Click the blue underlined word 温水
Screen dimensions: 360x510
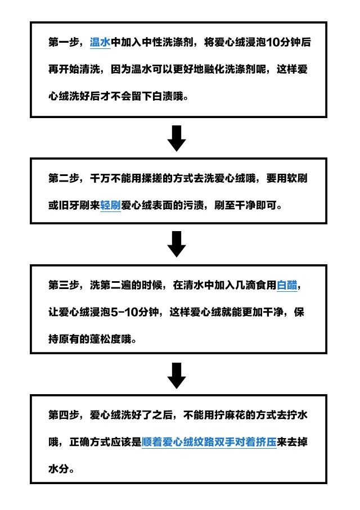[x=100, y=42]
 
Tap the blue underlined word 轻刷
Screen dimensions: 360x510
[x=111, y=205]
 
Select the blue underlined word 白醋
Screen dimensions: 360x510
[x=287, y=285]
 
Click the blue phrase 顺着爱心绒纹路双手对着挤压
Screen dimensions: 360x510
[x=209, y=443]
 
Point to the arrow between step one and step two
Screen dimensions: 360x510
[x=177, y=138]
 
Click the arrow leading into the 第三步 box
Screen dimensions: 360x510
[x=177, y=244]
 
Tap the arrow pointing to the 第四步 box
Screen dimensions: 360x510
[x=177, y=376]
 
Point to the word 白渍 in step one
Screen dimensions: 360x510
[x=163, y=96]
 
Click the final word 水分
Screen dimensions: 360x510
[x=58, y=469]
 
